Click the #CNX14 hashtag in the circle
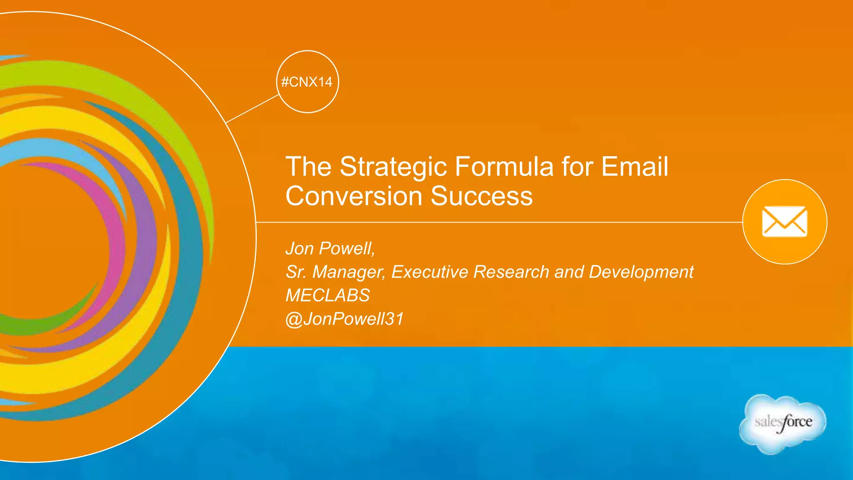point(307,82)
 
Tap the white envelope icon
point(785,222)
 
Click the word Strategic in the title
point(393,167)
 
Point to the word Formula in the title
point(504,166)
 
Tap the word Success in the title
point(481,196)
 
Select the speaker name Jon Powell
point(329,248)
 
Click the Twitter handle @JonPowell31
point(344,319)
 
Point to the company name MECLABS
point(327,295)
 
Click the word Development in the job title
point(641,272)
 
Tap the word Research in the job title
point(511,272)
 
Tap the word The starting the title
point(308,166)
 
